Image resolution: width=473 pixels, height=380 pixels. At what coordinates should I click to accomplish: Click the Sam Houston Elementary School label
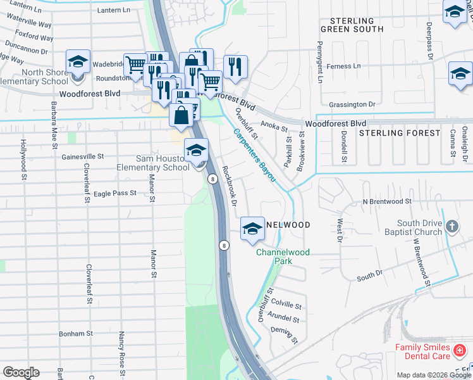[x=153, y=163]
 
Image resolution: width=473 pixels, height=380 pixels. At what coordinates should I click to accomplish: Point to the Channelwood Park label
[x=283, y=256]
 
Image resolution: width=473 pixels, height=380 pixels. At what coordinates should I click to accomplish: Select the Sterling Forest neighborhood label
[x=399, y=133]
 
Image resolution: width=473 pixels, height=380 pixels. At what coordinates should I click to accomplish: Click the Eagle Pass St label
[x=115, y=193]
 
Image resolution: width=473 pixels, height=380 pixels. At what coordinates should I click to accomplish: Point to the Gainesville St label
[x=82, y=156]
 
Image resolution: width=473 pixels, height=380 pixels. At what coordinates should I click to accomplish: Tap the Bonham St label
[x=76, y=333]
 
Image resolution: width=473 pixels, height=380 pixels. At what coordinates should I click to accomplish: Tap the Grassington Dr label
[x=352, y=104]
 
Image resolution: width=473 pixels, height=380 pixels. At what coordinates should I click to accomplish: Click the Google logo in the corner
[x=21, y=372]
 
